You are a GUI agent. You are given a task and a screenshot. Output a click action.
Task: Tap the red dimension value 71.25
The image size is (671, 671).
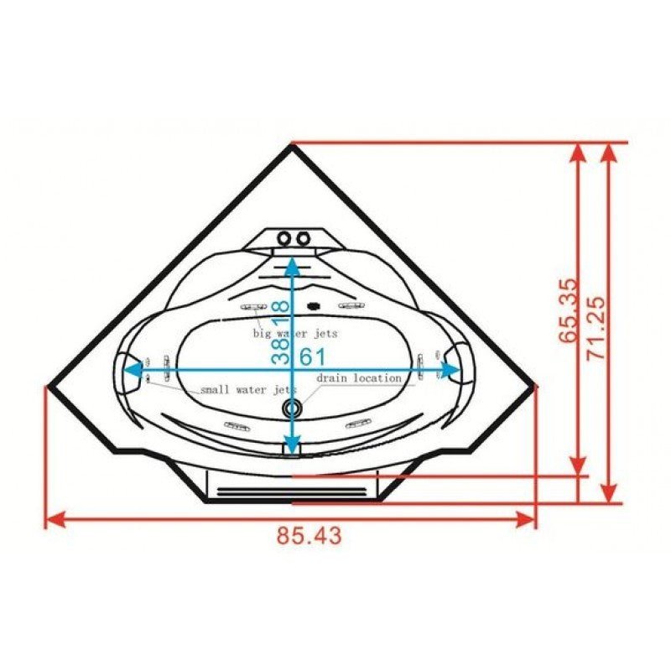[598, 327]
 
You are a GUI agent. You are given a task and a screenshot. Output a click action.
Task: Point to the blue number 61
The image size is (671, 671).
[312, 356]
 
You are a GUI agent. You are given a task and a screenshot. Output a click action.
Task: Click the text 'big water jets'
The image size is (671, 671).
[296, 333]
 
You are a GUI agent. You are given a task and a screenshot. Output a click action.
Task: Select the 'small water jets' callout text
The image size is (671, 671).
[248, 391]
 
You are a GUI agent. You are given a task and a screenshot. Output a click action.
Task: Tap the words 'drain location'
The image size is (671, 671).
[359, 378]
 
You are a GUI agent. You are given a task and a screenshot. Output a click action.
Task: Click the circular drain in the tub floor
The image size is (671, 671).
[292, 408]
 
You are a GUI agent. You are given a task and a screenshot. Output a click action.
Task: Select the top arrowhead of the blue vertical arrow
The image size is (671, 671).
[291, 266]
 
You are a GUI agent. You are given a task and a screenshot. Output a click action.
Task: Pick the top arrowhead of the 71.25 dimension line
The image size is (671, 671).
[610, 152]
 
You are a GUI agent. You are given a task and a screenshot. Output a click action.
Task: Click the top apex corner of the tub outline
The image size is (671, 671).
[292, 147]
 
